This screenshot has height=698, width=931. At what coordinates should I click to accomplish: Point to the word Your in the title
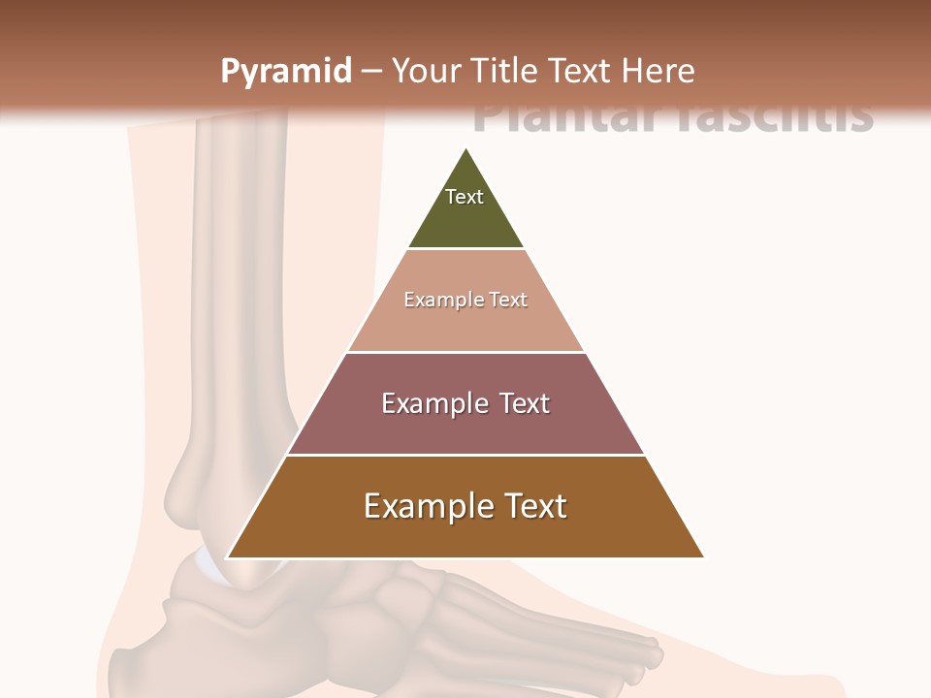[x=428, y=71]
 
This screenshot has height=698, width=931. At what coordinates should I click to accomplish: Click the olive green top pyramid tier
[x=465, y=218]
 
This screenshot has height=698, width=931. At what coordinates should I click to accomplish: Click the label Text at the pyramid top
[x=465, y=197]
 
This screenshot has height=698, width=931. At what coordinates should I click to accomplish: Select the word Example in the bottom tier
[x=427, y=506]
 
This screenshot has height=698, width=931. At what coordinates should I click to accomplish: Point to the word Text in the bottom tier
[x=535, y=506]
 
